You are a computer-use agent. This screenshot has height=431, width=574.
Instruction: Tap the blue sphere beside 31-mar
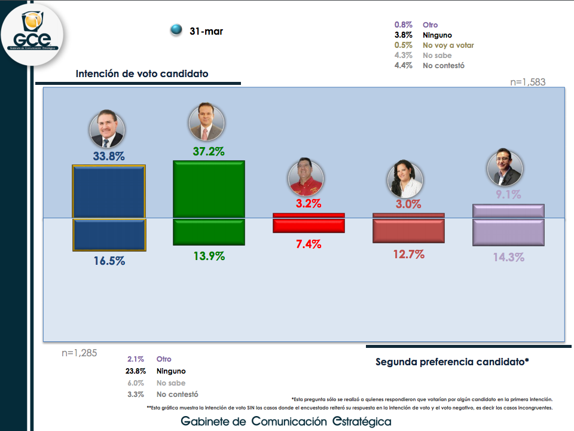(x=176, y=30)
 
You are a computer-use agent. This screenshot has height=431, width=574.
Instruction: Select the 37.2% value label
(x=209, y=152)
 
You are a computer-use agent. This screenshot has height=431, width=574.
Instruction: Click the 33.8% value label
(x=108, y=156)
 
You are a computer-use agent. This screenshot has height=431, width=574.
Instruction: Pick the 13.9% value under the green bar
(x=209, y=256)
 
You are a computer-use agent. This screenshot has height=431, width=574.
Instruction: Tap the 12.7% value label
(x=408, y=254)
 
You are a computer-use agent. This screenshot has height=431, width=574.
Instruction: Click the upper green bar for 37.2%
(x=209, y=189)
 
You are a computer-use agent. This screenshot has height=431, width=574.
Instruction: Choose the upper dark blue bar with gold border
(x=108, y=191)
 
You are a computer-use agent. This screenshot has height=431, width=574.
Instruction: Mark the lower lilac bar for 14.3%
(x=508, y=232)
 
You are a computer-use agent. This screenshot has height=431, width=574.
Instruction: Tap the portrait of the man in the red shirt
(x=306, y=177)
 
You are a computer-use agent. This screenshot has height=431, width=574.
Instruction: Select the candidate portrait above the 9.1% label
(x=505, y=168)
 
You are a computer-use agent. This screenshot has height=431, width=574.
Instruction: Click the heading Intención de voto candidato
(x=142, y=74)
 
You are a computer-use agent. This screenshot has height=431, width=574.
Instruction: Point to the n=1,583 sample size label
(x=527, y=82)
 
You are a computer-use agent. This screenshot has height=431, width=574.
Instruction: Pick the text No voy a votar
(x=448, y=45)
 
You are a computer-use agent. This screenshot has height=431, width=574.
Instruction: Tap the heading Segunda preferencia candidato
(x=452, y=362)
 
